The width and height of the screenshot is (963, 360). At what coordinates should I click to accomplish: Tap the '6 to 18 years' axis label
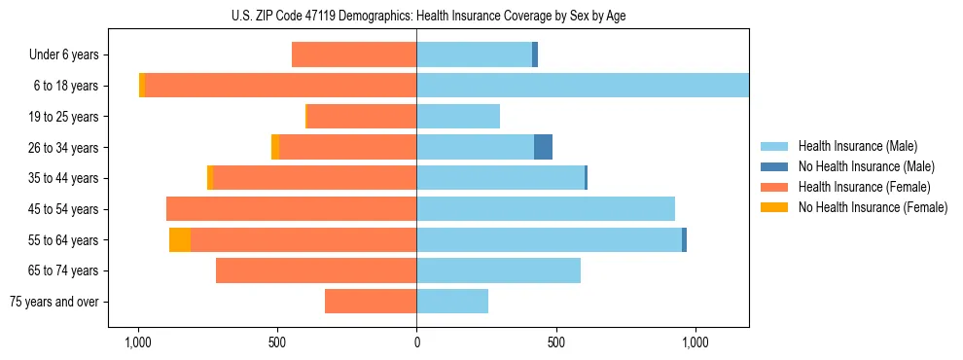tap(66, 86)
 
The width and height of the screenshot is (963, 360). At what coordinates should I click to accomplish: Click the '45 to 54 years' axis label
tap(63, 209)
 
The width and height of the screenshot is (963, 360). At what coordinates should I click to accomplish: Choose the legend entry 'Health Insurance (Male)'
tap(857, 146)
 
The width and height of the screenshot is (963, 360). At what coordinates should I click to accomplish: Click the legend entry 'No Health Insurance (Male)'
tap(866, 166)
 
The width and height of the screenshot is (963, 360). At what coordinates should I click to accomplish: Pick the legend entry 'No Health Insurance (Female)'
tap(873, 207)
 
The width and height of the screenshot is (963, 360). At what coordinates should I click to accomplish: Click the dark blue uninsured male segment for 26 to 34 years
tap(543, 147)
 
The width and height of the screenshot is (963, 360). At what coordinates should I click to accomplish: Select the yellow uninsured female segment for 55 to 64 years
tap(180, 239)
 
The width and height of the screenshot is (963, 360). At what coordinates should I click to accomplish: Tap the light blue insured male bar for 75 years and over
tap(452, 302)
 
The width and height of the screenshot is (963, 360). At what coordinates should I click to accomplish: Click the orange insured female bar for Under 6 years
tap(354, 54)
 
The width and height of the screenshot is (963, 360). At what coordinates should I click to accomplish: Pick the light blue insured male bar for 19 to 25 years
tap(458, 117)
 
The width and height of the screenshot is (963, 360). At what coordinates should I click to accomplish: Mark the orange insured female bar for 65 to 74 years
tap(316, 270)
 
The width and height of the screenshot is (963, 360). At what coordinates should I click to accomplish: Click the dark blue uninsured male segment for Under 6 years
tap(535, 54)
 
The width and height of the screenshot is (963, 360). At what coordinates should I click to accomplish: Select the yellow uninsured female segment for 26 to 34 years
tap(275, 147)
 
